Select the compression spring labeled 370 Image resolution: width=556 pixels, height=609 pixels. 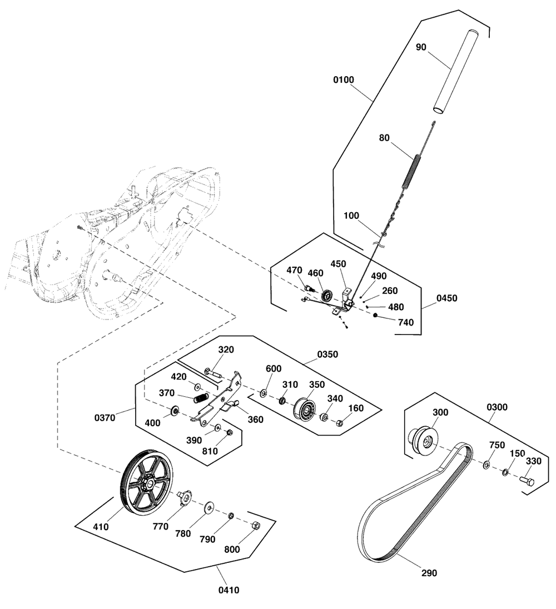point(201,398)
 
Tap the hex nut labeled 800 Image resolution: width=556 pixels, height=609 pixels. point(255,525)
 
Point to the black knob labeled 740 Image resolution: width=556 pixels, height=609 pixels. point(376,316)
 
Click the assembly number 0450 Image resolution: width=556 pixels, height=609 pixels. point(446,298)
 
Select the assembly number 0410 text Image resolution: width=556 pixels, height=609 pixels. point(228,590)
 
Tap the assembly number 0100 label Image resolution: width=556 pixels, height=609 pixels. point(343,80)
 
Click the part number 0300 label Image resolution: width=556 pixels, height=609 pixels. point(497,407)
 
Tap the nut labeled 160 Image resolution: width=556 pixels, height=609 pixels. point(340,423)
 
